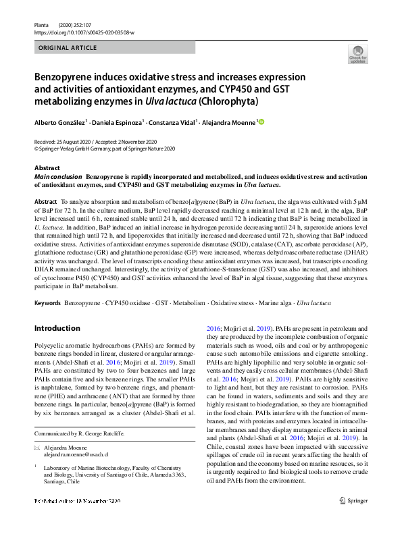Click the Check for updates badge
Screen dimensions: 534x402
click(357, 55)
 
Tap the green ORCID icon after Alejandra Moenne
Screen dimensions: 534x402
click(261, 122)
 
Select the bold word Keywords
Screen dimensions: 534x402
click(47, 304)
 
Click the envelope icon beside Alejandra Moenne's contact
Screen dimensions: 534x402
click(37, 448)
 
